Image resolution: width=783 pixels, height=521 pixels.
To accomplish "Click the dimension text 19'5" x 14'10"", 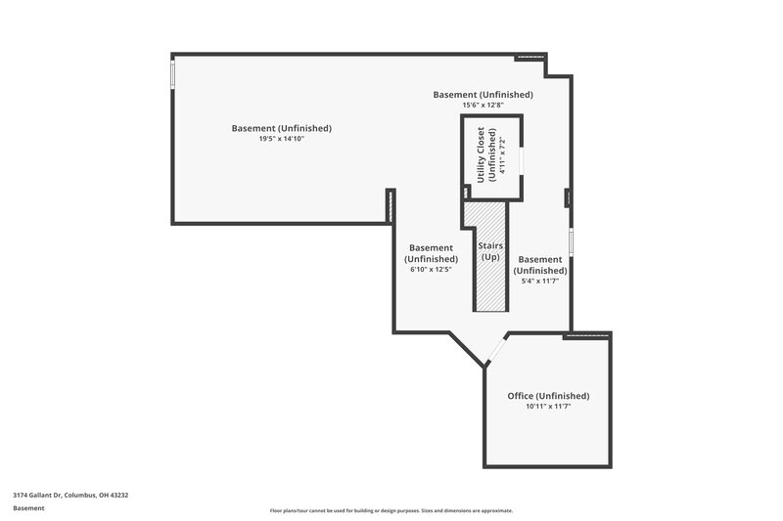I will pos(282,139).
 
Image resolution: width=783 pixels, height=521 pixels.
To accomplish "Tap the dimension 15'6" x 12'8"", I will pos(484,105).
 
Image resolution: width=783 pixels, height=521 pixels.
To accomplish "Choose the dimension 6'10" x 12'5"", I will pos(431,270).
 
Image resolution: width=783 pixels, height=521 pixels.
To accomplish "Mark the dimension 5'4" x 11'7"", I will pos(540,282).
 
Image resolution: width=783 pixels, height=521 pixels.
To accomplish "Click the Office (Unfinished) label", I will pos(548,396).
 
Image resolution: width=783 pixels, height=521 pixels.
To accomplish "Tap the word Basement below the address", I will pos(27,508).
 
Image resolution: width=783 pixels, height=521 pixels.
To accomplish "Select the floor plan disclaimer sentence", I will pos(391,510).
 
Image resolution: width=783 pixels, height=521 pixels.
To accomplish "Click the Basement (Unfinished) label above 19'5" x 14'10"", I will pos(282,128).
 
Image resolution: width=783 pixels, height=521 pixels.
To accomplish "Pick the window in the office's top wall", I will pos(587,335).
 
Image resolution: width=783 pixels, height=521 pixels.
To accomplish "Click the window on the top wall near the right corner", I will pos(530,57).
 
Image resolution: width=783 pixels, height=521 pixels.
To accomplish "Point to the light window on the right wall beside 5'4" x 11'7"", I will pos(571,240).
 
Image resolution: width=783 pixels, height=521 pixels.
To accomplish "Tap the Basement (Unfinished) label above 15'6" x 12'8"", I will pos(484,95).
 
